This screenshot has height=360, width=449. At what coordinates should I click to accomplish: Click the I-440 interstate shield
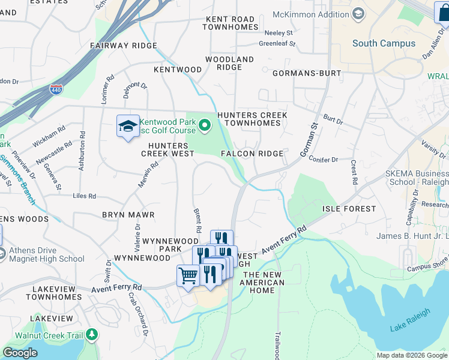56,89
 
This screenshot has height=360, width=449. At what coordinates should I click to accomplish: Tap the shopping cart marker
188,276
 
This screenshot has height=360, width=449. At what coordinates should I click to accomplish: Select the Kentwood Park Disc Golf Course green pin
205,125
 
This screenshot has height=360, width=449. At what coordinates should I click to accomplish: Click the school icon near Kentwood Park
128,126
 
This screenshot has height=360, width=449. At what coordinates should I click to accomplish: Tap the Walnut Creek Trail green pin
92,334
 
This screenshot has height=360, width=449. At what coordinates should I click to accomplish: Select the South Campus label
384,43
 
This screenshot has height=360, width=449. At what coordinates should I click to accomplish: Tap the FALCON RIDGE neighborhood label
252,154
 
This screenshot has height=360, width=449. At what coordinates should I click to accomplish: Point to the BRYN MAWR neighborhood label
128,214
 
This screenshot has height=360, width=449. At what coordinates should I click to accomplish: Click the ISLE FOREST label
349,209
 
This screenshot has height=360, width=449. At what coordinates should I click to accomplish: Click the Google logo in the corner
20,353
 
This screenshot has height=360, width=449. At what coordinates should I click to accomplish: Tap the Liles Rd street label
84,196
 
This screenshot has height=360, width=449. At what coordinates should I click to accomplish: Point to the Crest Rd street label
354,172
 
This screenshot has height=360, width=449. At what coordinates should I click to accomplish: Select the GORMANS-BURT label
307,73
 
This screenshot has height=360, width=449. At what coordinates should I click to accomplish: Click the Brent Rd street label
197,221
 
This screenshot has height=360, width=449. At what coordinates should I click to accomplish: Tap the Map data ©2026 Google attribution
412,355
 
